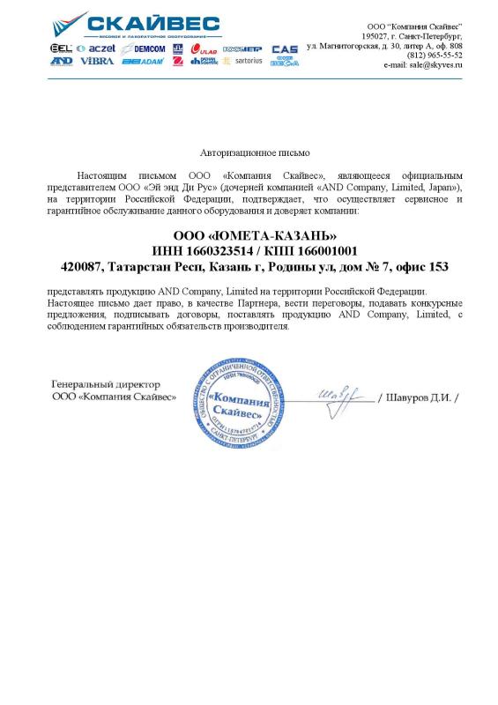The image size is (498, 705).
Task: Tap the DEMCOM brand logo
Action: point(144,48)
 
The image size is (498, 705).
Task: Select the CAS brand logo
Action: point(284,48)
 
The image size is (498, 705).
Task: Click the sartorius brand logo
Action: point(243,62)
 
